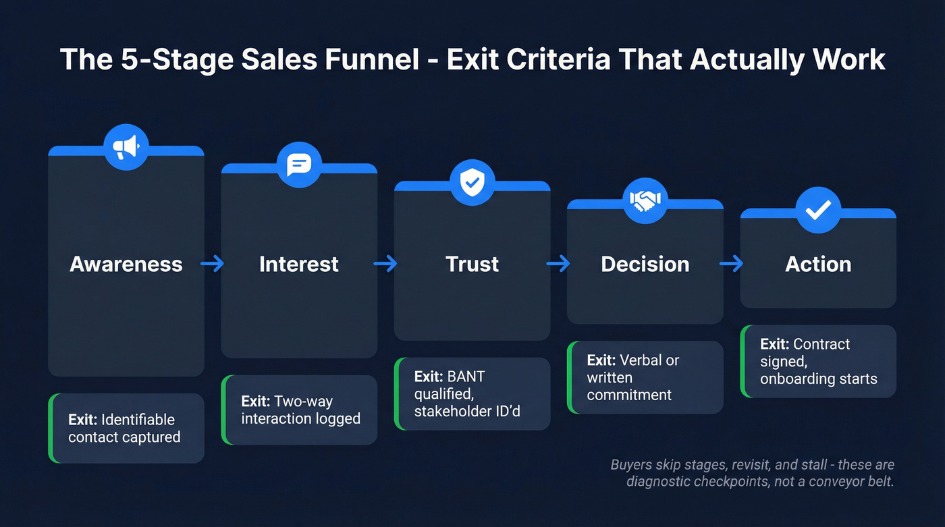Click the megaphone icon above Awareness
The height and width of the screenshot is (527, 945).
[126, 146]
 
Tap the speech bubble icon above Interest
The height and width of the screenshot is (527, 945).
[298, 165]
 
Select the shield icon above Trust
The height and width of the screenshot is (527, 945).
[472, 182]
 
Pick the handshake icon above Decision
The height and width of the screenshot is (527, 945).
[645, 200]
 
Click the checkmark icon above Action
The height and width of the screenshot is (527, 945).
[818, 211]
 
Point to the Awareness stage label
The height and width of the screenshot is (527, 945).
[126, 264]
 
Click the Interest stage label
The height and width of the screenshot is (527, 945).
[299, 264]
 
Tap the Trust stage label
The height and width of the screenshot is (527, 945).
[472, 264]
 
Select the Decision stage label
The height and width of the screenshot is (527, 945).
[645, 264]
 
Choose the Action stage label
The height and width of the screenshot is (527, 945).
[818, 264]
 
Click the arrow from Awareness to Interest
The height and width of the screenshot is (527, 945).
[213, 264]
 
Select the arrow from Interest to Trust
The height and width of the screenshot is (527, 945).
[385, 264]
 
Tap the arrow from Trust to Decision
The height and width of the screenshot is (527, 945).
[558, 264]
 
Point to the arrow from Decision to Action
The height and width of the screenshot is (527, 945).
[732, 264]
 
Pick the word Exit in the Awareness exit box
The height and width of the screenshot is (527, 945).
[82, 420]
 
